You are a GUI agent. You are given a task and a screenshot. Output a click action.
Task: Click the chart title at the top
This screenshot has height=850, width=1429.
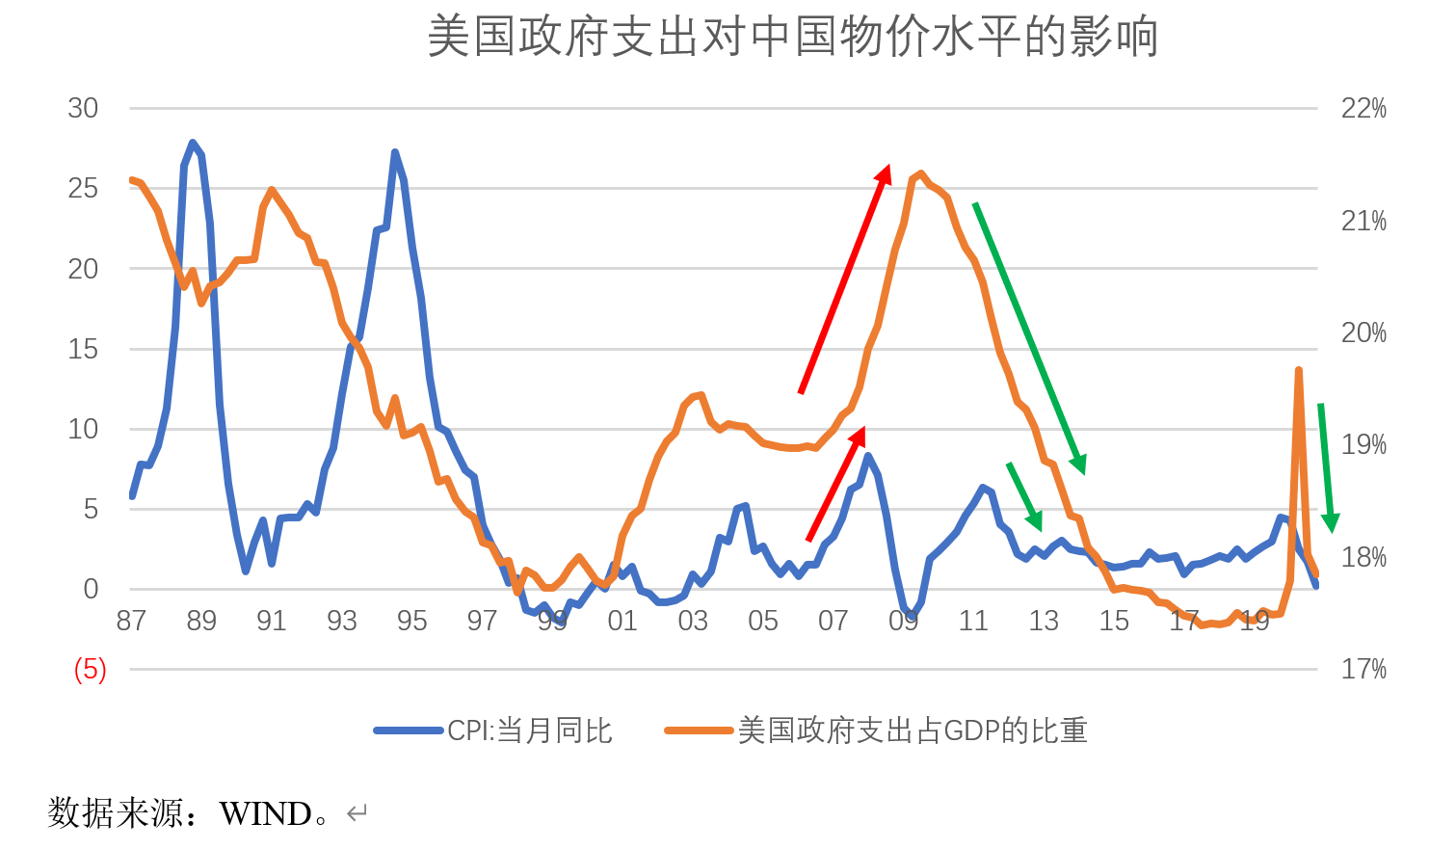click(x=792, y=37)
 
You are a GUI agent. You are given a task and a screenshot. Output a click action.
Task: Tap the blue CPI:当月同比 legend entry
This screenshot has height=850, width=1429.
click(x=493, y=730)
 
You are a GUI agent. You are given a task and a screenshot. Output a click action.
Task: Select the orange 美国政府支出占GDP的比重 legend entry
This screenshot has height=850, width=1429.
click(x=877, y=730)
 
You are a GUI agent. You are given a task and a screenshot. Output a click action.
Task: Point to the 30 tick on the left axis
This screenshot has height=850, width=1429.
click(x=83, y=108)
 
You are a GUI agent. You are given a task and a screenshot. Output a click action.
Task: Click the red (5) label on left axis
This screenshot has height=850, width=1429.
click(x=90, y=669)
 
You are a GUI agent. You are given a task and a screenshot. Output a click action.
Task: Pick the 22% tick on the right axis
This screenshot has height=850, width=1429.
click(x=1363, y=108)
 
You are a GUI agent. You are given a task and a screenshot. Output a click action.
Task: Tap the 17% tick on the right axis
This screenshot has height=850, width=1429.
click(x=1363, y=669)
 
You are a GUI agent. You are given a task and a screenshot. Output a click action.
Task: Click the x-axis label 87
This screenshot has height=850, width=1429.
click(x=131, y=621)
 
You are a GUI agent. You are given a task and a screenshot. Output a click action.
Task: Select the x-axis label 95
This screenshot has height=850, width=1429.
click(x=411, y=621)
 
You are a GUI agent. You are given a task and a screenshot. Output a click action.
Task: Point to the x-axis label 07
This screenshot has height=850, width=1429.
click(x=833, y=621)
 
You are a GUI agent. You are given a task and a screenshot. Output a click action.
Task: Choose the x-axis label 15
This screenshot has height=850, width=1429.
click(x=1114, y=621)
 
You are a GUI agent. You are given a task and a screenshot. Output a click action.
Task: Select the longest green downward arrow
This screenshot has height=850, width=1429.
click(x=1030, y=338)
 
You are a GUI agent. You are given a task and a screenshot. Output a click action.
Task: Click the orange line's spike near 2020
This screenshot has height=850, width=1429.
click(x=1299, y=371)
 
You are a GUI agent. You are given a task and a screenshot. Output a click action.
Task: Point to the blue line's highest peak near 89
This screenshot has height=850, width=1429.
click(x=193, y=144)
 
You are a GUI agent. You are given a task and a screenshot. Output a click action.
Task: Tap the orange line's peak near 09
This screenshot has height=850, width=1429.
click(x=920, y=174)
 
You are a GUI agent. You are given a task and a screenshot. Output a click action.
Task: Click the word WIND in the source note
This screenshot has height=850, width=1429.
click(x=265, y=814)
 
